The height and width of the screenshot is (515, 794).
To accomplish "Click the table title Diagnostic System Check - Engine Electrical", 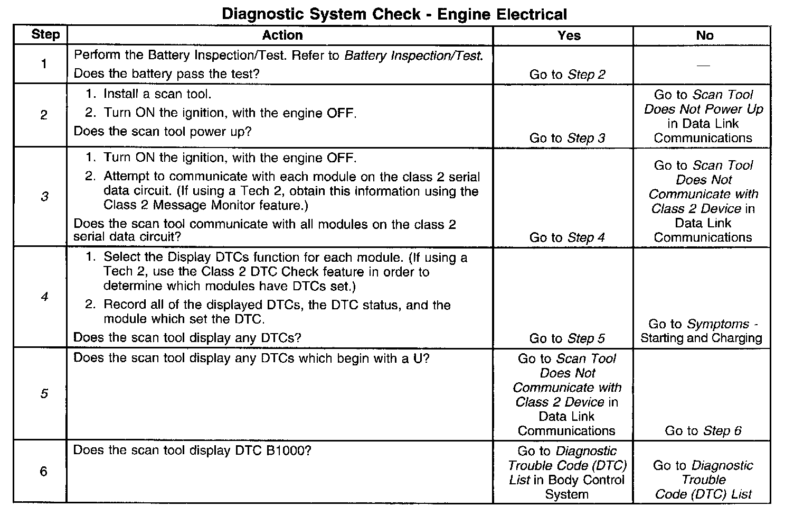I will (394, 14).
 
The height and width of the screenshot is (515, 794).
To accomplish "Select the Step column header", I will (45, 35).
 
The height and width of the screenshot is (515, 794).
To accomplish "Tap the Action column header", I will (282, 35).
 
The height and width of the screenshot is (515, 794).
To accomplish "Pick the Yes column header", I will (569, 35).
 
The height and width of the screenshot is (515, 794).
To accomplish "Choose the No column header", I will (705, 35).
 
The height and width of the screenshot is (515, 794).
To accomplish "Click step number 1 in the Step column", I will (43, 64).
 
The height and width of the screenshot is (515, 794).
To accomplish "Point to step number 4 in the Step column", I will (44, 297).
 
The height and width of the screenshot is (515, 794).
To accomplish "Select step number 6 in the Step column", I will (44, 471).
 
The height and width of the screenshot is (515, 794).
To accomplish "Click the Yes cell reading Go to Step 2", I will (568, 75).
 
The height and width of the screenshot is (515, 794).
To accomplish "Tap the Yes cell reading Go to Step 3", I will (568, 138).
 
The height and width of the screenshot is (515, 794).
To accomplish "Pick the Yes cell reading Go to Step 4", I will (568, 237).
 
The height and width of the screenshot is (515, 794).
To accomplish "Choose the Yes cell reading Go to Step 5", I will (568, 338).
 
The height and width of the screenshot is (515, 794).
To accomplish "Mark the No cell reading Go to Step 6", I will (703, 431).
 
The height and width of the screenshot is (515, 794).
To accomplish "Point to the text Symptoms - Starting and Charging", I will (702, 331).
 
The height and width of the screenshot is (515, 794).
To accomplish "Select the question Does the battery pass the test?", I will (166, 73).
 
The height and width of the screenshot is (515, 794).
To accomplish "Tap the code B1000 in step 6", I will (286, 450).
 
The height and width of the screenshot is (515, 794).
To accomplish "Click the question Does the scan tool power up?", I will (163, 131).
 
